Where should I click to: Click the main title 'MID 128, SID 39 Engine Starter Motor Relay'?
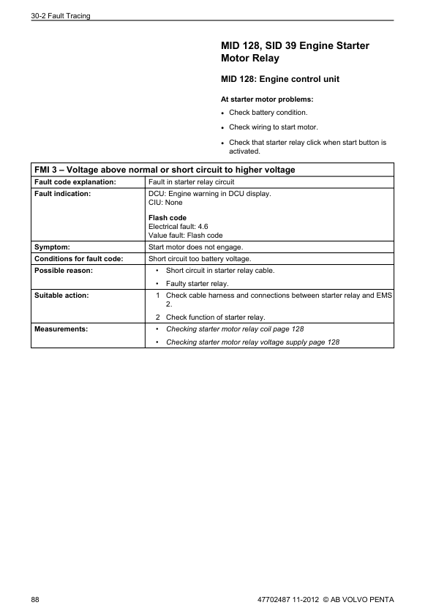click(x=295, y=51)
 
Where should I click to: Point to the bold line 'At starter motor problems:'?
click(x=266, y=99)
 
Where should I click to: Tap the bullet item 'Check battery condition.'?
click(x=268, y=113)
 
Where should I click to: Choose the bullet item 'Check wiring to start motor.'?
click(x=273, y=127)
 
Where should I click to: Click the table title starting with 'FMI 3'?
click(x=165, y=170)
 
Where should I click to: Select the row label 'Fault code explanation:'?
click(x=75, y=181)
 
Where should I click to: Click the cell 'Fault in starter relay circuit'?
click(x=191, y=181)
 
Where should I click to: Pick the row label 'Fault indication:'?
click(x=62, y=193)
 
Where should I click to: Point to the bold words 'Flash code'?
click(x=167, y=218)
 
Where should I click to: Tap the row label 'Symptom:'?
click(x=52, y=247)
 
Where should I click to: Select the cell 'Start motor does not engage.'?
click(x=195, y=247)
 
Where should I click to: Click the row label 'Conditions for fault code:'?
click(x=78, y=258)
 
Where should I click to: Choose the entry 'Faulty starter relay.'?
click(x=197, y=283)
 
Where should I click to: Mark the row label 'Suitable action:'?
click(x=61, y=295)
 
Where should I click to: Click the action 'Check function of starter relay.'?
click(x=215, y=317)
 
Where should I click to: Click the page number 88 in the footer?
click(x=35, y=600)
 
